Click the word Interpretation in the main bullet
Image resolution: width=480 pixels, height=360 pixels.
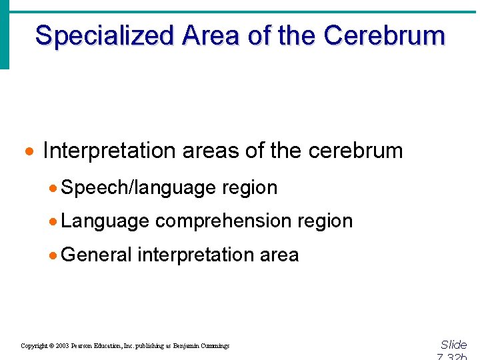pos(108,151)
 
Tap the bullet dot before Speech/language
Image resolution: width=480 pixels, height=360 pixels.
pos(53,188)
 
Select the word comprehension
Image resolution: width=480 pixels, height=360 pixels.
pos(223,221)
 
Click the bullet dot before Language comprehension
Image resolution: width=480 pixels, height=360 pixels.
pos(53,221)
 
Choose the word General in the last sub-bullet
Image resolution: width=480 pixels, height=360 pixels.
pos(96,254)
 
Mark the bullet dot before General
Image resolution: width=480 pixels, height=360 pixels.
pos(53,255)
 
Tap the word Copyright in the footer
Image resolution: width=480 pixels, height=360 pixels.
pos(35,346)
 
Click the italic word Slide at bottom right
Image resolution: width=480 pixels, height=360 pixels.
pos(453,345)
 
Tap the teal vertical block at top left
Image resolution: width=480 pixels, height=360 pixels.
pos(5,33)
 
